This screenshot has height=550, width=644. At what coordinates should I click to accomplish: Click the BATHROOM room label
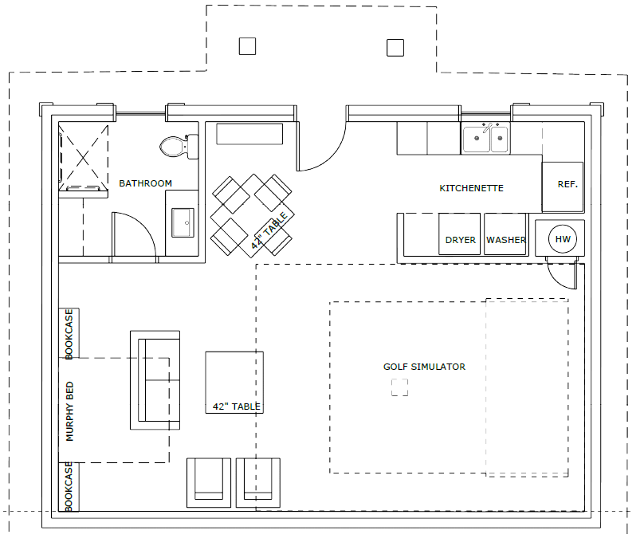[145, 183]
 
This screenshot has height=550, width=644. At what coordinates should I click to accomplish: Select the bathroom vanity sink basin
[183, 222]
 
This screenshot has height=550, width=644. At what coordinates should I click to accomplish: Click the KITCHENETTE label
[471, 188]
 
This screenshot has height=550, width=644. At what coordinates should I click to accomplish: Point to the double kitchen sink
[485, 139]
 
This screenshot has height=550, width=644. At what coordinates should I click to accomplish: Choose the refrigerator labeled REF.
[563, 187]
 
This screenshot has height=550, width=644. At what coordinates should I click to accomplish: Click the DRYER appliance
[460, 234]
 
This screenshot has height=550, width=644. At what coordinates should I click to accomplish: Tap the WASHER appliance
[505, 234]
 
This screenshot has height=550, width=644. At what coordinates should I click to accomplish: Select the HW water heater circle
[562, 239]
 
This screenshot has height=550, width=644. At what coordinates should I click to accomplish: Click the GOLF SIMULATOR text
[424, 367]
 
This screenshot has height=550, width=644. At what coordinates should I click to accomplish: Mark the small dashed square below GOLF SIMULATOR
[399, 387]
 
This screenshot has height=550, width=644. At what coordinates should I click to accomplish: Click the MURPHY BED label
[69, 411]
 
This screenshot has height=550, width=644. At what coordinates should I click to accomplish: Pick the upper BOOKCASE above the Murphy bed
[69, 333]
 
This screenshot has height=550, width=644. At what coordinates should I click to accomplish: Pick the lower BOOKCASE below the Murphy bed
[69, 487]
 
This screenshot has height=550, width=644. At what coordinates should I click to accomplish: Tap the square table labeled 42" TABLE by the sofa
[234, 383]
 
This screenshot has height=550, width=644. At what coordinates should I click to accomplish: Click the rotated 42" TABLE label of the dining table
[269, 231]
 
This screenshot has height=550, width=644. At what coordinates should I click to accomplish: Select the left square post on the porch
[247, 46]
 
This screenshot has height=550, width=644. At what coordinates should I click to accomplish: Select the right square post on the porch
[395, 48]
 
